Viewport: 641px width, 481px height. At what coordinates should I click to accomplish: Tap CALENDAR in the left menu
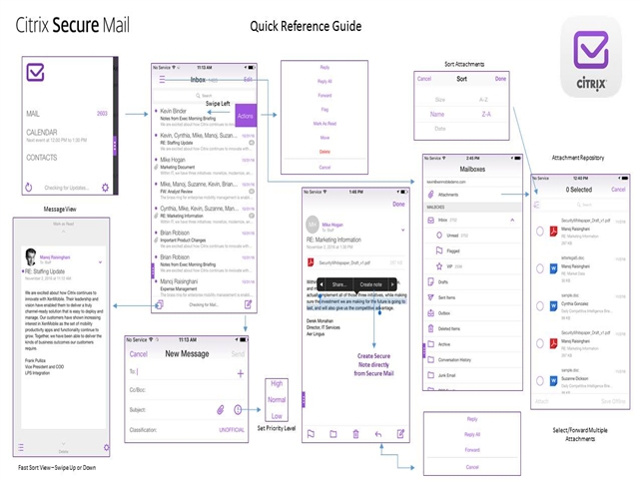click(x=42, y=132)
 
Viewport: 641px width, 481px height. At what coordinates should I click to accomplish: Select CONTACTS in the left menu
click(x=41, y=158)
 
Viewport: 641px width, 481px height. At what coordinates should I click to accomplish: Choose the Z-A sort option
click(x=484, y=114)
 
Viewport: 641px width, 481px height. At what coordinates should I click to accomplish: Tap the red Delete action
click(x=324, y=153)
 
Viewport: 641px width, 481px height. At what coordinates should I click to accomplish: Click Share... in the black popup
click(x=338, y=284)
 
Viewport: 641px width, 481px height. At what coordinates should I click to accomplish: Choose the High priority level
click(x=277, y=383)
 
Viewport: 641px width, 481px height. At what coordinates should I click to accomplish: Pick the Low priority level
click(x=277, y=415)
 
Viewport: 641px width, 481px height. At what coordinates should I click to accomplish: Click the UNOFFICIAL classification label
click(x=232, y=429)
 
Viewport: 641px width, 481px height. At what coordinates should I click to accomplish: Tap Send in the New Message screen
click(x=238, y=353)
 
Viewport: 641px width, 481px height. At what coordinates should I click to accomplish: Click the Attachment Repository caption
click(x=584, y=158)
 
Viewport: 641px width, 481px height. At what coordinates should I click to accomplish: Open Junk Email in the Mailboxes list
click(x=451, y=375)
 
